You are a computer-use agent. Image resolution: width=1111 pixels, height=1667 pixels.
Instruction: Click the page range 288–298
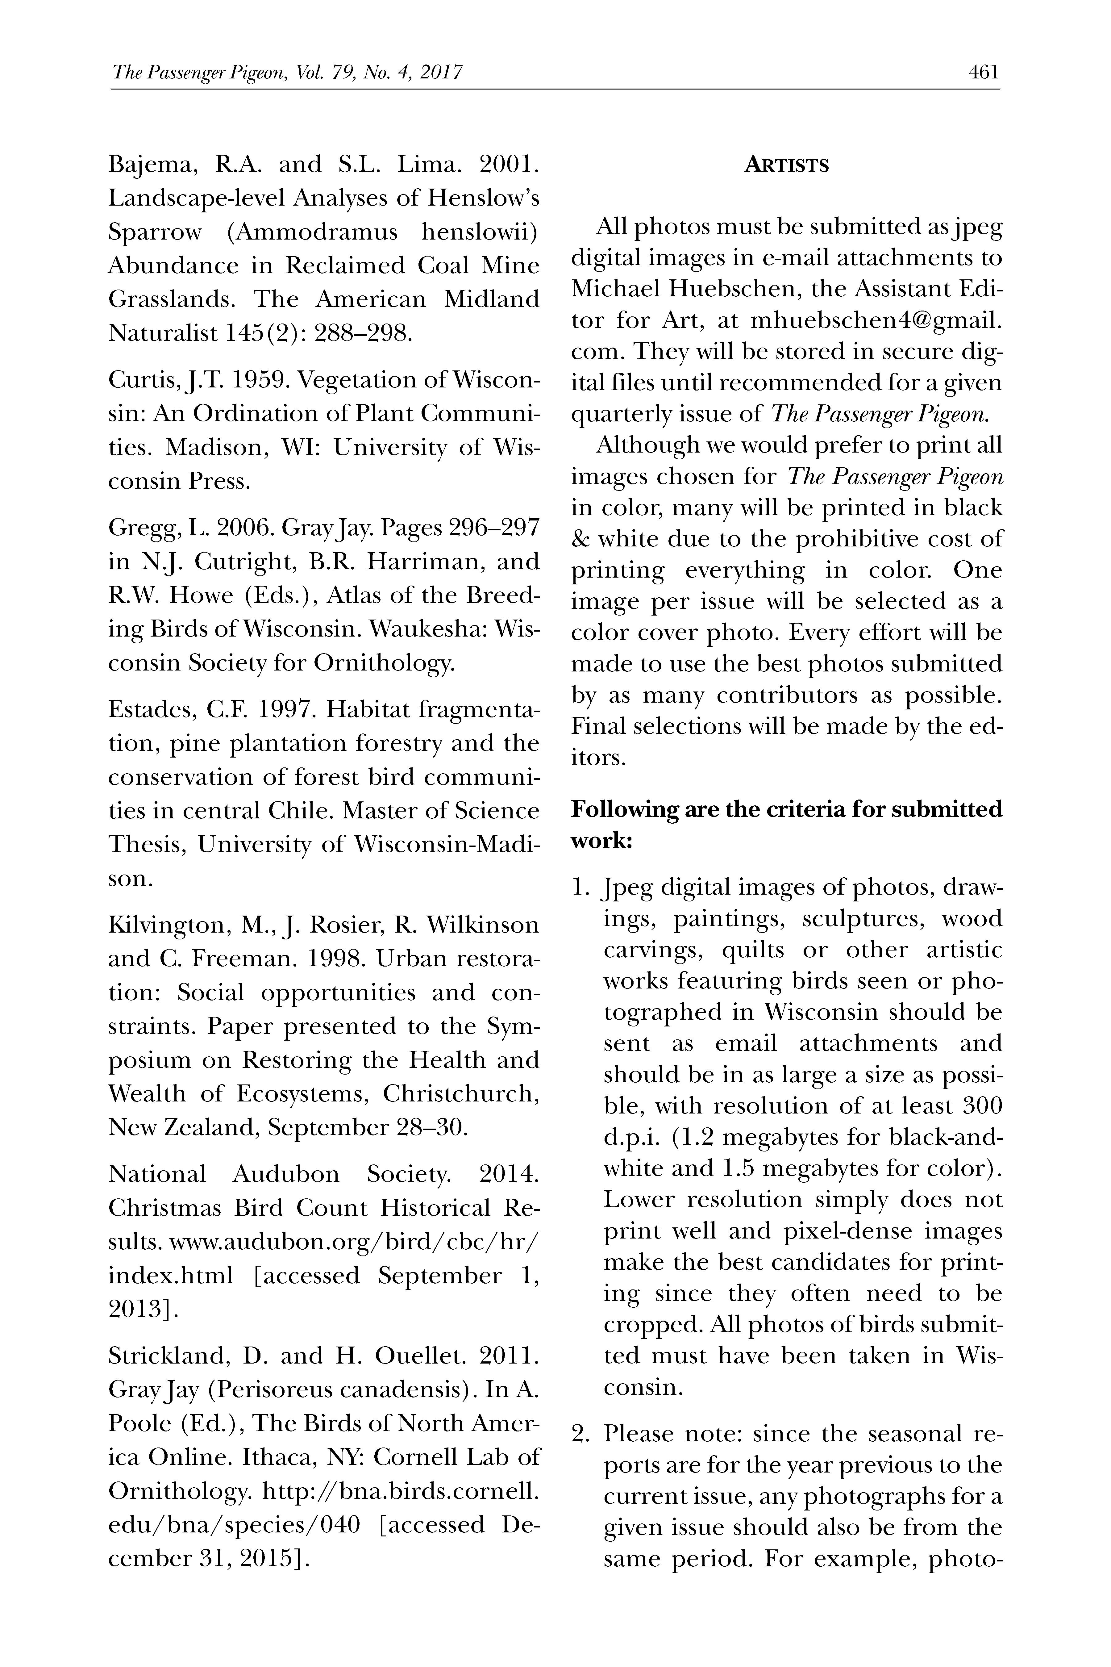pos(364,333)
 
